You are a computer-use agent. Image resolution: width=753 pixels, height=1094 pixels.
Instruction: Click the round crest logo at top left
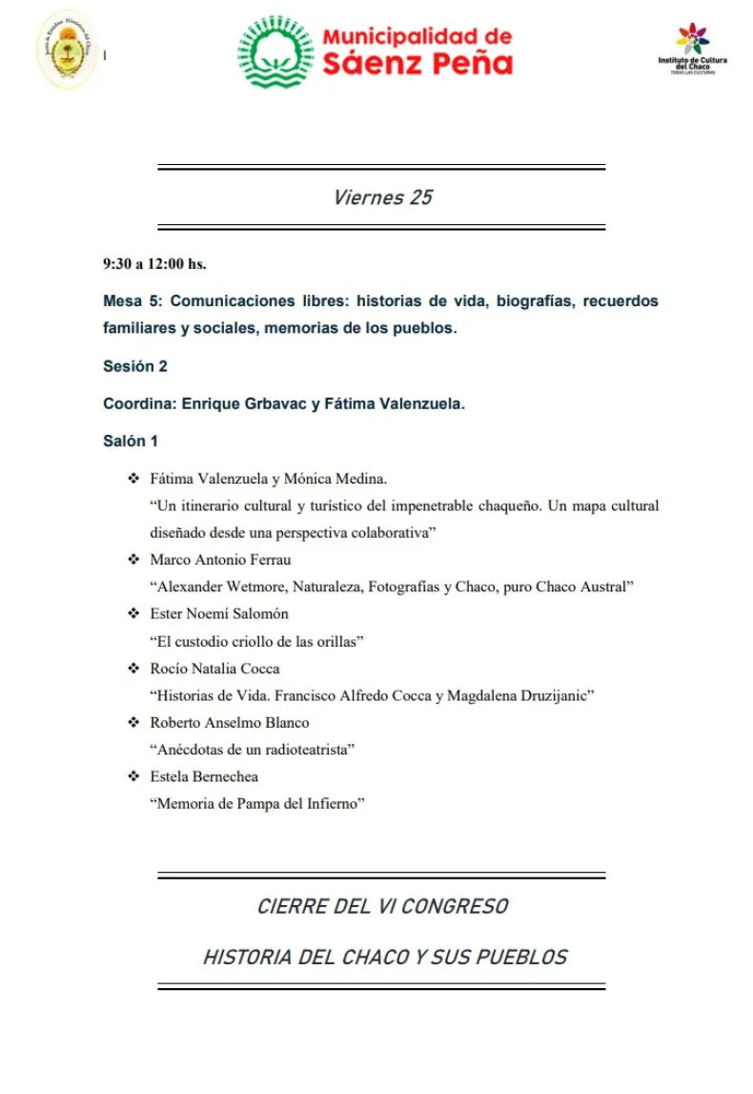pos(68,50)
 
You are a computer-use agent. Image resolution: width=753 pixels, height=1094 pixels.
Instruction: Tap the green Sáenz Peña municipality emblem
pos(275,52)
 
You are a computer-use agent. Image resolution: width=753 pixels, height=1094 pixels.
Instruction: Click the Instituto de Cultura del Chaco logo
pos(692,49)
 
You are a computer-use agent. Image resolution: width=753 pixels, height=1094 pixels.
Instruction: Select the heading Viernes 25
pos(382,197)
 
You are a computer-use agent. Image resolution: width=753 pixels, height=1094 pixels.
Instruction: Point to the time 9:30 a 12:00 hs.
pos(154,263)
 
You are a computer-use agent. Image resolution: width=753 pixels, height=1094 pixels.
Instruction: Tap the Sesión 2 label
pos(135,365)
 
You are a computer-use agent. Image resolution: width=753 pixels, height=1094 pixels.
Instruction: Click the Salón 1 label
pos(131,441)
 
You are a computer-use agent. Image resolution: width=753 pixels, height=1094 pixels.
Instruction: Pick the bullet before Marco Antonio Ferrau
pos(132,560)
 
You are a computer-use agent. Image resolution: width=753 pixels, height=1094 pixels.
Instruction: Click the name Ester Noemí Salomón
pos(219,613)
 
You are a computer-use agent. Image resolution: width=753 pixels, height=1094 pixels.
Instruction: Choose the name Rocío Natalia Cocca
pos(214,669)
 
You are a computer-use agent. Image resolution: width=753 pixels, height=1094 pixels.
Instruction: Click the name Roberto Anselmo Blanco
pos(229,722)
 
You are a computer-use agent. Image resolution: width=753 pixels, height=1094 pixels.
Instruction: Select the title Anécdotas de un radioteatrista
pos(253,750)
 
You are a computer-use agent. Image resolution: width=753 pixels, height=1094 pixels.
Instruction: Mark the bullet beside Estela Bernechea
pos(132,776)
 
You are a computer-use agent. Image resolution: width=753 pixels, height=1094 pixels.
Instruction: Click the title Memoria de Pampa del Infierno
pos(257,804)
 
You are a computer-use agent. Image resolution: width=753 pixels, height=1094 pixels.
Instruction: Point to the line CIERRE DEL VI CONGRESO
pos(382,906)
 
